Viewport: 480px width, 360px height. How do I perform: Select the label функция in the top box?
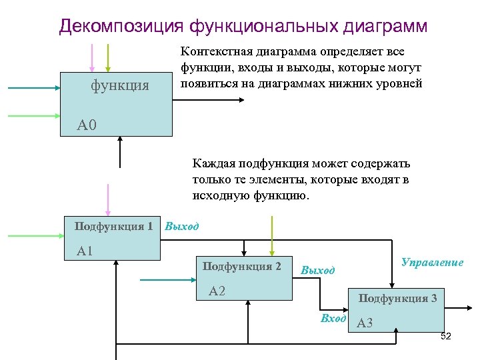[x=120, y=85]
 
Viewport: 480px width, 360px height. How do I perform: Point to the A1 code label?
[x=85, y=251]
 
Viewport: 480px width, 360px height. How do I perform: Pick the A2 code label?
[x=217, y=291]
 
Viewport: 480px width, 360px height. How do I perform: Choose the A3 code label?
[x=365, y=324]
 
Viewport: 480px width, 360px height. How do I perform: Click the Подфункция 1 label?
[x=113, y=226]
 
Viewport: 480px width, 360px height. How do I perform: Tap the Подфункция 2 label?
[x=242, y=267]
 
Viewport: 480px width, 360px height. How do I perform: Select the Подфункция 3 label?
[x=398, y=298]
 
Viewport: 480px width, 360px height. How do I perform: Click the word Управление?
[x=432, y=263]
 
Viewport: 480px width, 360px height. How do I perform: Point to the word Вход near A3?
[x=333, y=319]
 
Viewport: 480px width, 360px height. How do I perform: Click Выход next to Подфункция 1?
[x=181, y=227]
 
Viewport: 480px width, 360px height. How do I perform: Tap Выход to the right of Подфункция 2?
[x=317, y=271]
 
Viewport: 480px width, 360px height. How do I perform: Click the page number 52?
[x=446, y=336]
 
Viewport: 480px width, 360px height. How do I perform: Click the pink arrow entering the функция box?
[x=92, y=57]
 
